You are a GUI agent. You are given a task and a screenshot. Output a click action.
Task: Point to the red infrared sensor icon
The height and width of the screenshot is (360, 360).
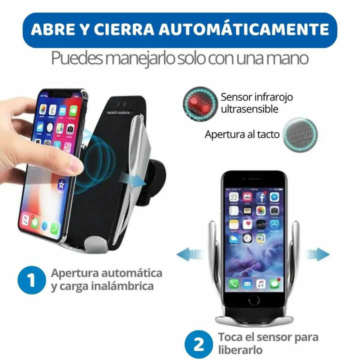pos(198,103)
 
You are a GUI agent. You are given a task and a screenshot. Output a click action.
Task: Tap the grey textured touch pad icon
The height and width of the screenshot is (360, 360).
pos(298,134)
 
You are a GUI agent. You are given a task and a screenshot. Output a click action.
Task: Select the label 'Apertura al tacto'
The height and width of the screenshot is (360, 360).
pos(241,134)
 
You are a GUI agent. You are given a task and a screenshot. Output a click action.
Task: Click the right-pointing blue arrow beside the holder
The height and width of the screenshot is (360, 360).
pos(318,254)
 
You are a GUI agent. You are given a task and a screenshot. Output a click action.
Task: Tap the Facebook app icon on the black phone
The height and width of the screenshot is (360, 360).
pos(260,197)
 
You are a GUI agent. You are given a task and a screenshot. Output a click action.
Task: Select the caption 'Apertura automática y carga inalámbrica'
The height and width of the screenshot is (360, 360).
pos(106,280)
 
